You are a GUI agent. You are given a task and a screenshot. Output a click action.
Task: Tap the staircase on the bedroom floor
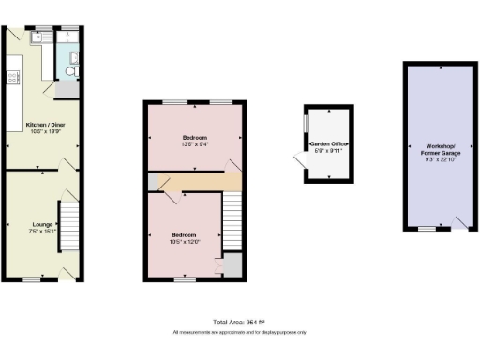[x=232, y=220]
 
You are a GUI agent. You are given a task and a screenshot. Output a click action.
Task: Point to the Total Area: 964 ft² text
[x=239, y=322]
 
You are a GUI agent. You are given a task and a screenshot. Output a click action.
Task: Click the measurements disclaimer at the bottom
[x=239, y=332]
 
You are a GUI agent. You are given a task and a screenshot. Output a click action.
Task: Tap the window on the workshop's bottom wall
[x=427, y=228]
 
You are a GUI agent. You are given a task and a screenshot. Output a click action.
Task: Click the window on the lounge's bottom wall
[x=31, y=278]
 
